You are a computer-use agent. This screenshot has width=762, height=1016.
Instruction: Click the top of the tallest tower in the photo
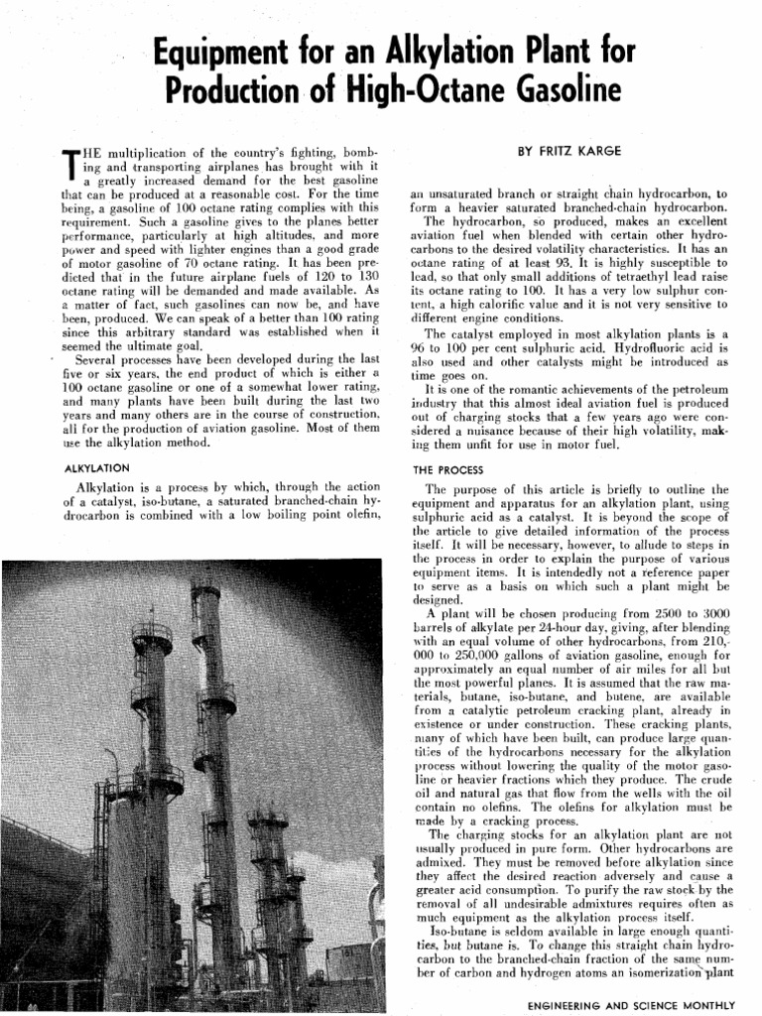(205, 593)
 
